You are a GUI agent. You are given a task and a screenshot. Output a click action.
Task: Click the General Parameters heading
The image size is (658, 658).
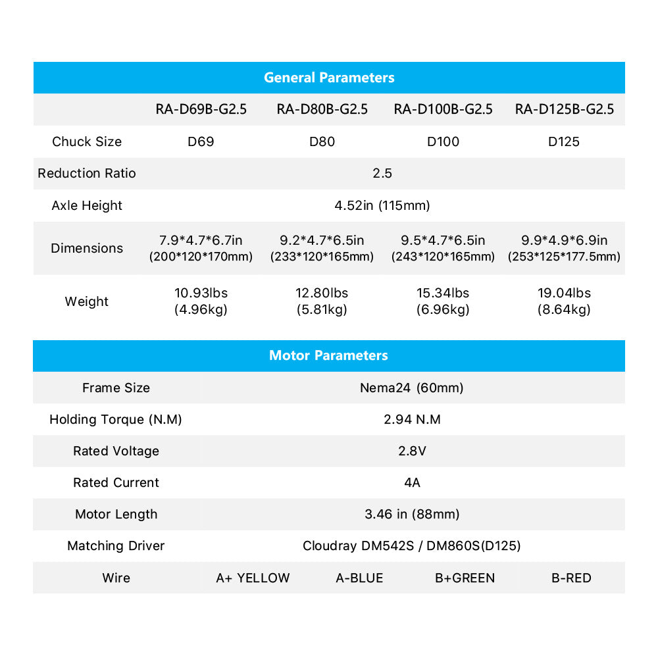(329, 78)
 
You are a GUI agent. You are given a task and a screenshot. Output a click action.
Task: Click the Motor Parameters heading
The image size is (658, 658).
(328, 355)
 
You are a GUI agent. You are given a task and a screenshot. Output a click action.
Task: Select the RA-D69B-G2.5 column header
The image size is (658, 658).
(201, 109)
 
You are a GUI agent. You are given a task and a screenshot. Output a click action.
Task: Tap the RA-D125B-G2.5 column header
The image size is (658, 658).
(565, 109)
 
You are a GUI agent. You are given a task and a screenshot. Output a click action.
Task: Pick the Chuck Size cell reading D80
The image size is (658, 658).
(322, 141)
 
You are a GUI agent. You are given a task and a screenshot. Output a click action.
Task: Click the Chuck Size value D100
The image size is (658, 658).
(443, 141)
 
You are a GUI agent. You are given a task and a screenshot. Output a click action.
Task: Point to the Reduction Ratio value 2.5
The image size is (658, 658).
(382, 173)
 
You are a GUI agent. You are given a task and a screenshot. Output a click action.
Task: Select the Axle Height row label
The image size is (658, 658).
(87, 205)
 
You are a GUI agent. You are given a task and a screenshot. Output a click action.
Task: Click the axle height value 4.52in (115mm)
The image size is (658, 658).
(382, 205)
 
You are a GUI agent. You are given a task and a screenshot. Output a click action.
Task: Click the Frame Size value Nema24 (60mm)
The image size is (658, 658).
(412, 388)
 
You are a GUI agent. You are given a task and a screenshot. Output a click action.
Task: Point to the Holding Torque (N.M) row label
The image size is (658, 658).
(116, 419)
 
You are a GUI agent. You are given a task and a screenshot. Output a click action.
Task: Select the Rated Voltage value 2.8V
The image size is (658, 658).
(412, 451)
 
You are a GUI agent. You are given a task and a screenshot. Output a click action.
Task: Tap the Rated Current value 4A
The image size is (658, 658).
(412, 482)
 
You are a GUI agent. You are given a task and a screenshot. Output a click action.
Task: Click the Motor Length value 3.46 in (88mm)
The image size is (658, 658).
(412, 514)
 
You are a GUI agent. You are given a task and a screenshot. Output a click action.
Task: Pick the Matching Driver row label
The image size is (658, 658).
(116, 545)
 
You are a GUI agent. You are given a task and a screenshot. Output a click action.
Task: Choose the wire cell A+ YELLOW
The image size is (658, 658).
(253, 578)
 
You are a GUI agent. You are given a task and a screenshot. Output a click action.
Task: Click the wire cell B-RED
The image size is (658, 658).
(571, 578)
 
